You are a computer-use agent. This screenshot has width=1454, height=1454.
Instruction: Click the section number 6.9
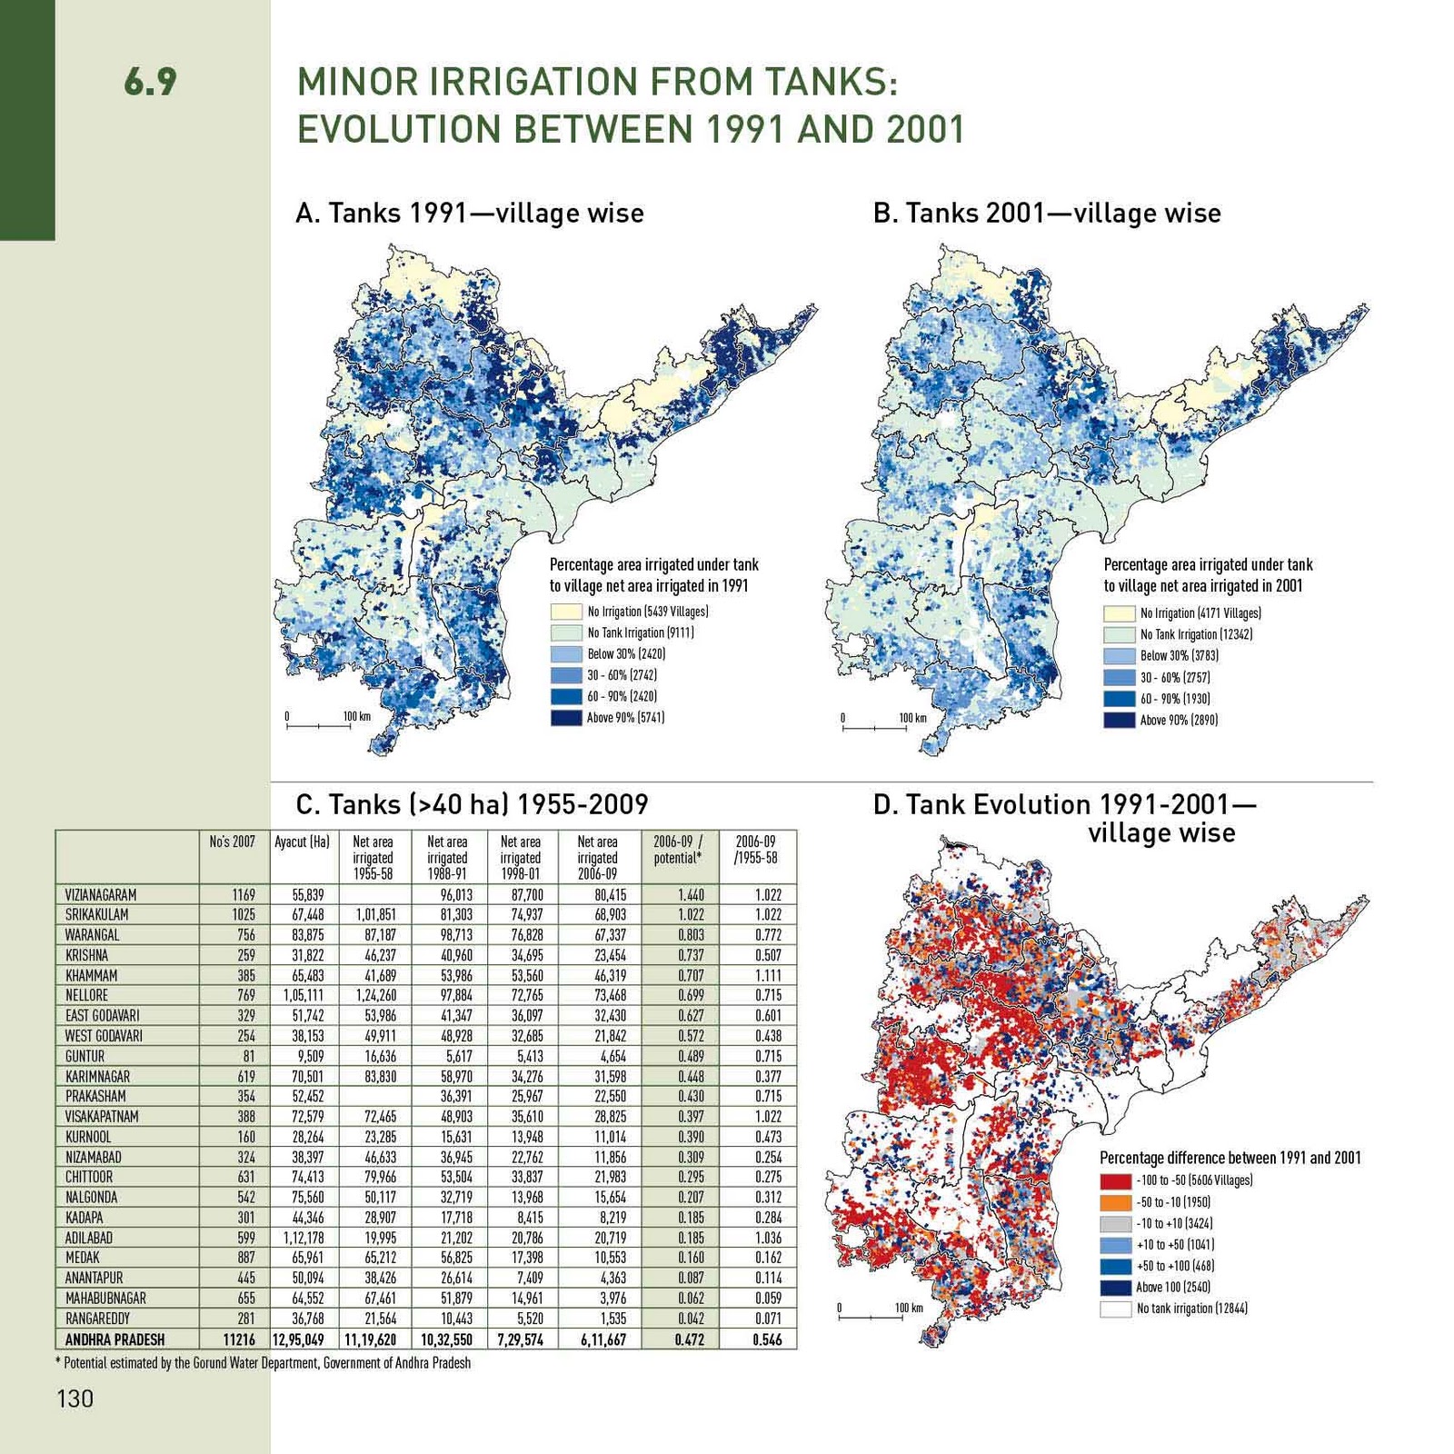150,82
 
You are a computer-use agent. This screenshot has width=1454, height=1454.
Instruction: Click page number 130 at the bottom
75,1398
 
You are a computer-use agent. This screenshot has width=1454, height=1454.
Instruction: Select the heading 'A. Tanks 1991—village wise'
469,213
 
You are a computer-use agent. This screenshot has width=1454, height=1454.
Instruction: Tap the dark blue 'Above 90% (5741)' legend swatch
565,717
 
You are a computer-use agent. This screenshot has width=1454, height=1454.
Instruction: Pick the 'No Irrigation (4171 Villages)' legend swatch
1119,613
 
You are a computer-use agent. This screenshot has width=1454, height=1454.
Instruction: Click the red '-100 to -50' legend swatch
1115,1180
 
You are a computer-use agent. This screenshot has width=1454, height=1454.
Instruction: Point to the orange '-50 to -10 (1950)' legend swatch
1115,1202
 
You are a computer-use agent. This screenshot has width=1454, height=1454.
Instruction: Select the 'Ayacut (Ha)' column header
302,842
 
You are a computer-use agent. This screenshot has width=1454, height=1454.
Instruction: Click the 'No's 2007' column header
232,842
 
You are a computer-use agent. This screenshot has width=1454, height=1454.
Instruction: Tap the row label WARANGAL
93,935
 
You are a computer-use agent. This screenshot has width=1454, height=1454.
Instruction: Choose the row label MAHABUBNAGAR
105,1299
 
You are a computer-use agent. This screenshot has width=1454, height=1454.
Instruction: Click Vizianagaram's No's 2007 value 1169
243,895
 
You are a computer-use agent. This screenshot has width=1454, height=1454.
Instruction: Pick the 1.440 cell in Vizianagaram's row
691,895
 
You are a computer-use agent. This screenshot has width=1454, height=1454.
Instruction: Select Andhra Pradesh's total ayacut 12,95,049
298,1339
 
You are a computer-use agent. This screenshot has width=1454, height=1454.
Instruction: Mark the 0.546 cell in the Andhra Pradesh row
767,1339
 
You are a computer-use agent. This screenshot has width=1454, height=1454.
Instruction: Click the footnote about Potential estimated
264,1363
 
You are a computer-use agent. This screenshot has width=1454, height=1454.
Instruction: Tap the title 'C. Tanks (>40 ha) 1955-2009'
472,804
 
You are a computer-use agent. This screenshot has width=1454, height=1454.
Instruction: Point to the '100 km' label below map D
908,1309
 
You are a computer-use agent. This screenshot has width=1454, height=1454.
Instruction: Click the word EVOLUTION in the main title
399,129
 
